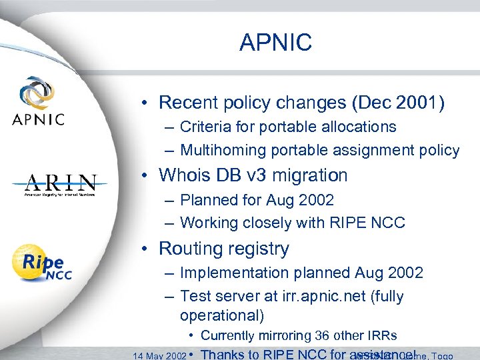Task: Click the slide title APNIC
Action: pos(275,43)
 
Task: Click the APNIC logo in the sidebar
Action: pos(38,102)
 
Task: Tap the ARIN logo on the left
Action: pos(61,185)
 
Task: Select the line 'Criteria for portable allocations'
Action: pos(287,127)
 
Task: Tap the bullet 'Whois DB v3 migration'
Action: pos(253,175)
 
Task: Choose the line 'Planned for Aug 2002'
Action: pos(257,199)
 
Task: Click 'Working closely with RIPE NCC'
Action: pos(292,223)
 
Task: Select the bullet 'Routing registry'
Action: pos(223,249)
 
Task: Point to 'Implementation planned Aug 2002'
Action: pos(301,273)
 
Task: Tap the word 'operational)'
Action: pos(221,314)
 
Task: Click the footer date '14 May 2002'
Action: pos(159,355)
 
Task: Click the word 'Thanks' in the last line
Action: pos(223,355)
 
